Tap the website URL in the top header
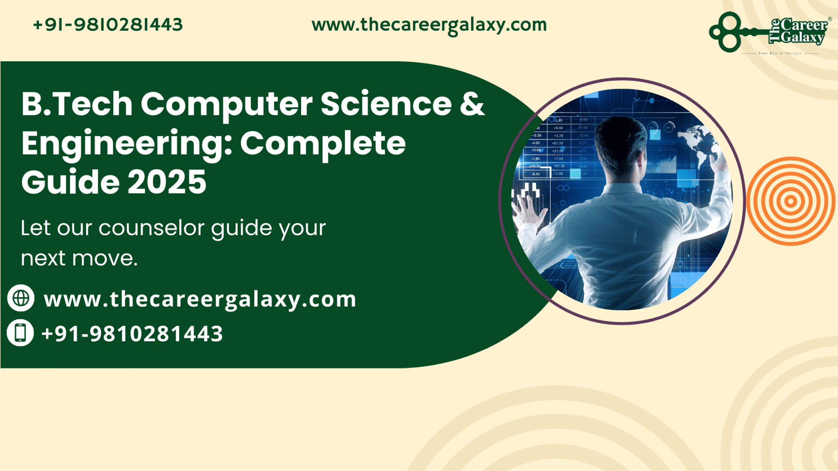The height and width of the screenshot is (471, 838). coord(429,25)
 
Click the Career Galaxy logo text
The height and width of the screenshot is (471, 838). coord(801,31)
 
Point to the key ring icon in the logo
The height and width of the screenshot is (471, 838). coord(725,32)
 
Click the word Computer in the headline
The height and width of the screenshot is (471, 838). coord(226,104)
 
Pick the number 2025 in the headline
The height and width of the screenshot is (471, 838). coord(167,182)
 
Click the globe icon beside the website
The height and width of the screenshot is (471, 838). coord(21,298)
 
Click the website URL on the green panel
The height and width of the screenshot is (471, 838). coord(200,299)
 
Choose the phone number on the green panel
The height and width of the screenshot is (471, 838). coord(132,334)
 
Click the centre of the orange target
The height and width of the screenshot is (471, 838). coord(791,201)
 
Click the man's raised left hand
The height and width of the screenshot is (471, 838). coord(528,209)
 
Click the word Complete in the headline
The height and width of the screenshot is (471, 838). coord(322,144)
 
